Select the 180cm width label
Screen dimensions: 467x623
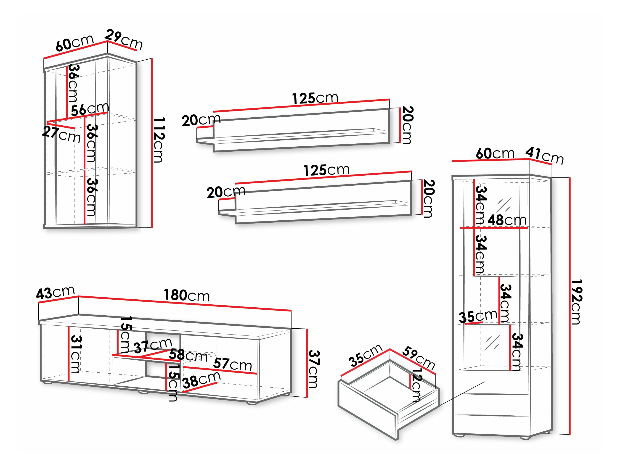(x=187, y=296)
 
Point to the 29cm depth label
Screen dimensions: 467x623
(x=124, y=40)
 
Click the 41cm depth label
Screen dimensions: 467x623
(x=544, y=156)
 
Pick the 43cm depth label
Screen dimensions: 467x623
(x=55, y=293)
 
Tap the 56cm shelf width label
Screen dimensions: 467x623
(x=90, y=109)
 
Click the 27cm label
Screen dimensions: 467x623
(x=61, y=135)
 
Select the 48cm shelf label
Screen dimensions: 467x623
(x=507, y=220)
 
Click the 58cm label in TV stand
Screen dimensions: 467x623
(x=188, y=356)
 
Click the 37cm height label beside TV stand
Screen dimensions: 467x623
(x=313, y=369)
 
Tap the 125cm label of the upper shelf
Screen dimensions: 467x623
(x=315, y=98)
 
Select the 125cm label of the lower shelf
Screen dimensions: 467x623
(x=326, y=170)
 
